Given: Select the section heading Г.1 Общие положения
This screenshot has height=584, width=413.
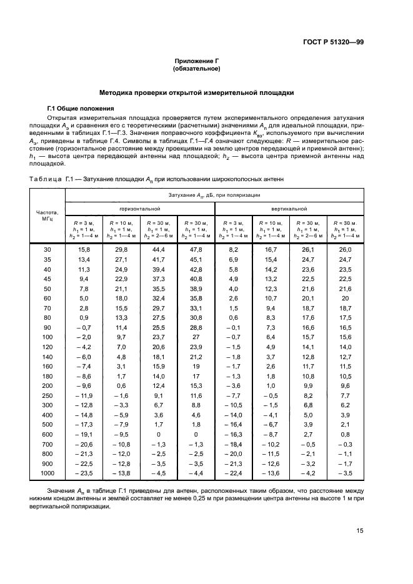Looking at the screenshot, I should [80, 107].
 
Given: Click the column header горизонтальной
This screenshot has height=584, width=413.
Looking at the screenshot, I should [140, 208].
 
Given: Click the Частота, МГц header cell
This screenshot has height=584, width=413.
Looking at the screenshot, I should [47, 215].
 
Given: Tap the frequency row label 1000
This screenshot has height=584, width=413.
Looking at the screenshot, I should [47, 473].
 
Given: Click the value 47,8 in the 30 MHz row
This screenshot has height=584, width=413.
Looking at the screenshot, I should [196, 249].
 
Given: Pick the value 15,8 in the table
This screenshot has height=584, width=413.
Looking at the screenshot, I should [84, 249].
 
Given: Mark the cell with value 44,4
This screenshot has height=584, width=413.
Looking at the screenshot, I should [159, 249].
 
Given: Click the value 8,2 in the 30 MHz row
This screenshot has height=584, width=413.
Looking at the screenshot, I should [233, 249].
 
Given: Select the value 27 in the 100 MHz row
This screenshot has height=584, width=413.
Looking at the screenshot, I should [196, 337].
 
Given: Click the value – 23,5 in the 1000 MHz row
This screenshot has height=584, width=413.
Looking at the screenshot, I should [83, 473].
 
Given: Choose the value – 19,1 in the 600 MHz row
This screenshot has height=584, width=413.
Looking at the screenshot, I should [83, 434].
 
